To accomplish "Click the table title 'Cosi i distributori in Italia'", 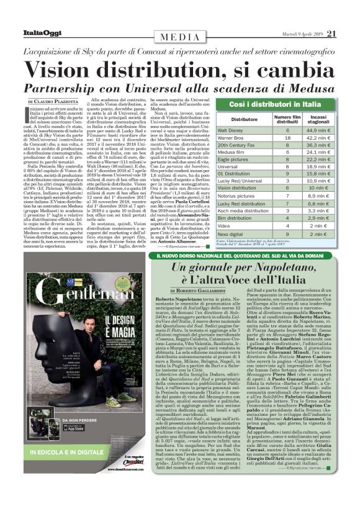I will (x=276, y=104).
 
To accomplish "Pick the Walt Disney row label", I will (x=230, y=131).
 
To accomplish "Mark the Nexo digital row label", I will (x=230, y=235).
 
